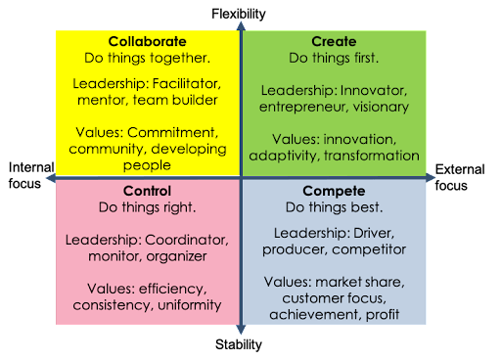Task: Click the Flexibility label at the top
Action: click(239, 14)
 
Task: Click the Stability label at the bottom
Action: click(239, 344)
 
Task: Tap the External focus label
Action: click(459, 176)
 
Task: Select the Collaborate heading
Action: click(148, 43)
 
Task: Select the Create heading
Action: click(334, 43)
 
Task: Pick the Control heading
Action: click(148, 191)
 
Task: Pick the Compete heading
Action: click(334, 192)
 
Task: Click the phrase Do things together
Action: click(148, 59)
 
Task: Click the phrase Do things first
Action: click(334, 59)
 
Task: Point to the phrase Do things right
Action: click(148, 207)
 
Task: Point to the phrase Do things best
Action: click(334, 207)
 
